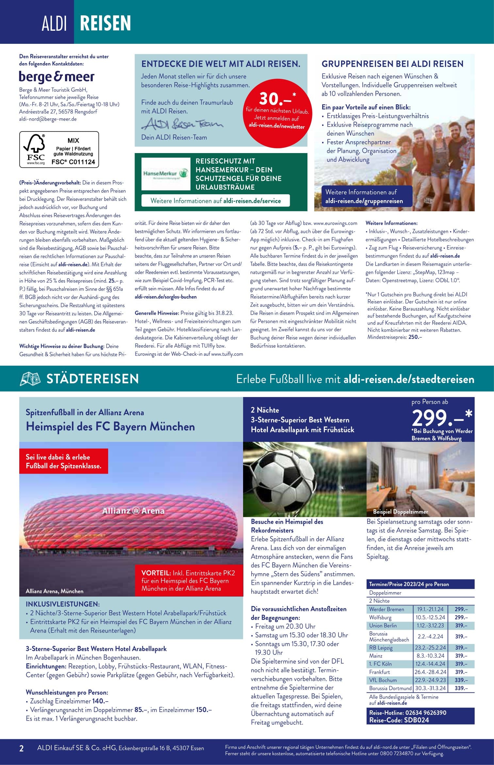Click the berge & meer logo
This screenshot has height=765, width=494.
57,77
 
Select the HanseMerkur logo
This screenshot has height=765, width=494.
166,174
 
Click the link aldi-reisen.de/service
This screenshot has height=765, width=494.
252,201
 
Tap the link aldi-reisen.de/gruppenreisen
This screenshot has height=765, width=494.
364,201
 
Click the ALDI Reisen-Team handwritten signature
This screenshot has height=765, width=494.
182,124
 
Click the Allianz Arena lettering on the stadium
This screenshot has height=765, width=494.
133,511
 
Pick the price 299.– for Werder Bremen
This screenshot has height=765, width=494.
461,609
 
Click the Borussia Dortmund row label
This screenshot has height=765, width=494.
390,688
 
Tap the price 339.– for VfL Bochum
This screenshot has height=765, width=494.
461,680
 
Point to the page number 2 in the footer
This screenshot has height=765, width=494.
22,748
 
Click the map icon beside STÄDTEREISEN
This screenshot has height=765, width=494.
30,379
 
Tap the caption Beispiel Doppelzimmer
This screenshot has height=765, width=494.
400,512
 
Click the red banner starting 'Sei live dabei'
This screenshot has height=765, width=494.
63,461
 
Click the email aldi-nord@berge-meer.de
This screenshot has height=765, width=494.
48,119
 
